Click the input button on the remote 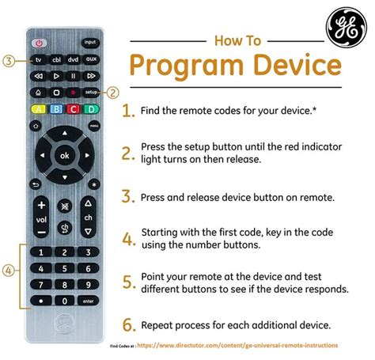click(89, 41)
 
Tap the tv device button click(38, 60)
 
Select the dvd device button click(73, 60)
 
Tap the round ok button click(64, 156)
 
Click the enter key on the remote click(89, 301)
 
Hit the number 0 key click(64, 301)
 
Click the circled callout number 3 click(7, 60)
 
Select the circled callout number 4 click(7, 271)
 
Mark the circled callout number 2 click(113, 92)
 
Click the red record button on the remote click(73, 92)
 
